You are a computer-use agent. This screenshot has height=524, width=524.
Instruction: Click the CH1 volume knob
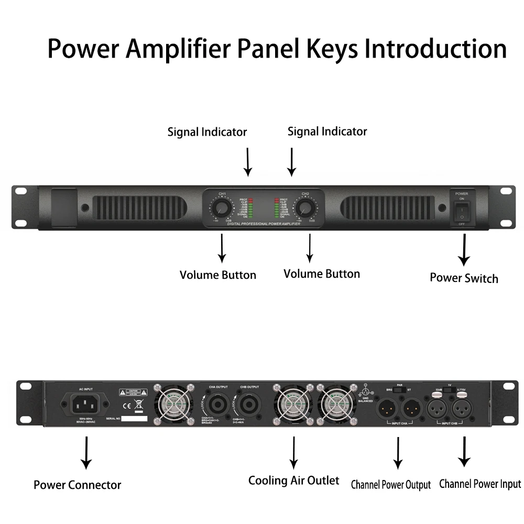(223, 209)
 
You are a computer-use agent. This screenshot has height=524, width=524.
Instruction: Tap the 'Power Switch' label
(464, 278)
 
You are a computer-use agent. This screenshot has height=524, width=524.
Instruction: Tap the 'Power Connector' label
(78, 485)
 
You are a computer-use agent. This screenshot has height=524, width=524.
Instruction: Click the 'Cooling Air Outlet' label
(293, 480)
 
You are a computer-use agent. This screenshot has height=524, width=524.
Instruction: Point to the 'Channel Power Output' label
(390, 485)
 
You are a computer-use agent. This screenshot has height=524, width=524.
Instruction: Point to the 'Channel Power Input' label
(480, 484)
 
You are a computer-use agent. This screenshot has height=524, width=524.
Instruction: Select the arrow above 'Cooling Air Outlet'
(293, 451)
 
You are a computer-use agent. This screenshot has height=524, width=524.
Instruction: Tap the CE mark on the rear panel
(126, 405)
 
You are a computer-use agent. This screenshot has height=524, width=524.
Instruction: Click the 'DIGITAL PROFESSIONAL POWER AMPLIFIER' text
(264, 224)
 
